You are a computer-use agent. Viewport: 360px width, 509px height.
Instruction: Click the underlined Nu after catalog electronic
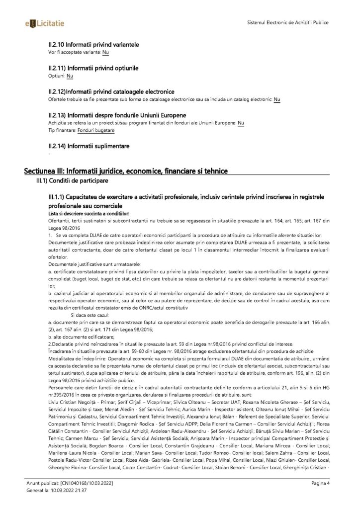276,99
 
